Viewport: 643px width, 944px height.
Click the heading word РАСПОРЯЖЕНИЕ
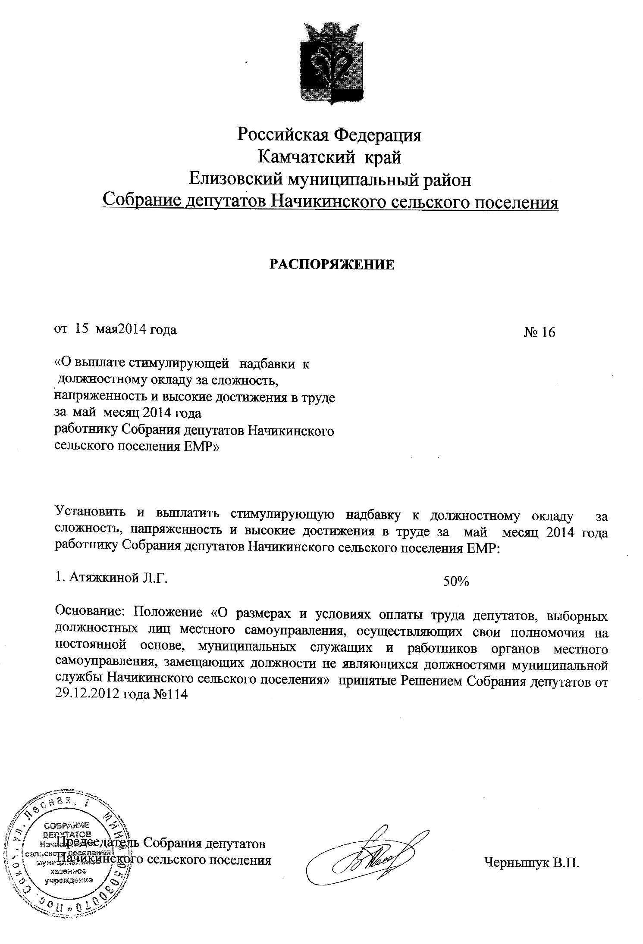tap(332, 264)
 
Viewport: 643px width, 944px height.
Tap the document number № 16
tap(539, 332)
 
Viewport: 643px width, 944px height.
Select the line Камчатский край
tap(329, 157)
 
